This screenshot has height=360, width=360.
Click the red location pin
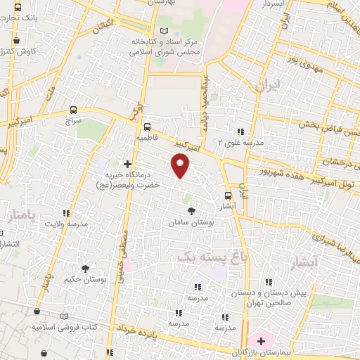coord(182,166)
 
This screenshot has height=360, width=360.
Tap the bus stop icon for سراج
coord(73,110)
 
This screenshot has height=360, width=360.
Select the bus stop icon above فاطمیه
coord(146,127)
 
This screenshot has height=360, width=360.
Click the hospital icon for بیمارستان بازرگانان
coord(262,341)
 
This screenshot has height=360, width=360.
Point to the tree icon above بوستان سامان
coord(191,211)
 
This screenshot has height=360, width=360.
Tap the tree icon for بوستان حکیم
coord(85,269)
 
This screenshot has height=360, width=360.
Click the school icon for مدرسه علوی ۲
coord(241,131)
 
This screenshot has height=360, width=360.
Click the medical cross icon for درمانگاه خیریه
coord(127,163)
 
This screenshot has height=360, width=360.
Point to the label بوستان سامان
coord(190,222)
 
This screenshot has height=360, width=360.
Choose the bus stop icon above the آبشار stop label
coord(228,196)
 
